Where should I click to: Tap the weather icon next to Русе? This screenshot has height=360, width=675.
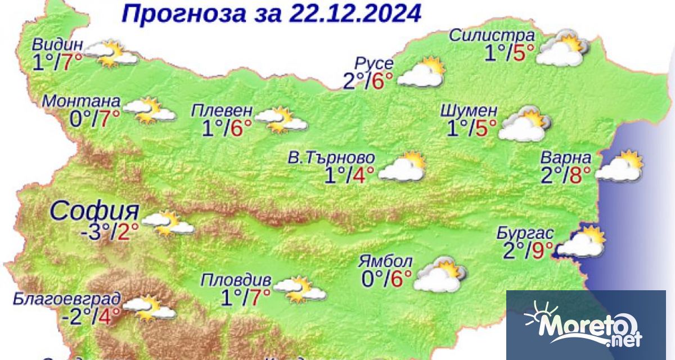coord(421,73)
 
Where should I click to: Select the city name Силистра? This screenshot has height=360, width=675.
coord(492,36)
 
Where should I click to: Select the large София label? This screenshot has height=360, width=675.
coord(94,211)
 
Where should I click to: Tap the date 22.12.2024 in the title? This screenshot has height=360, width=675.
coord(355,13)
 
